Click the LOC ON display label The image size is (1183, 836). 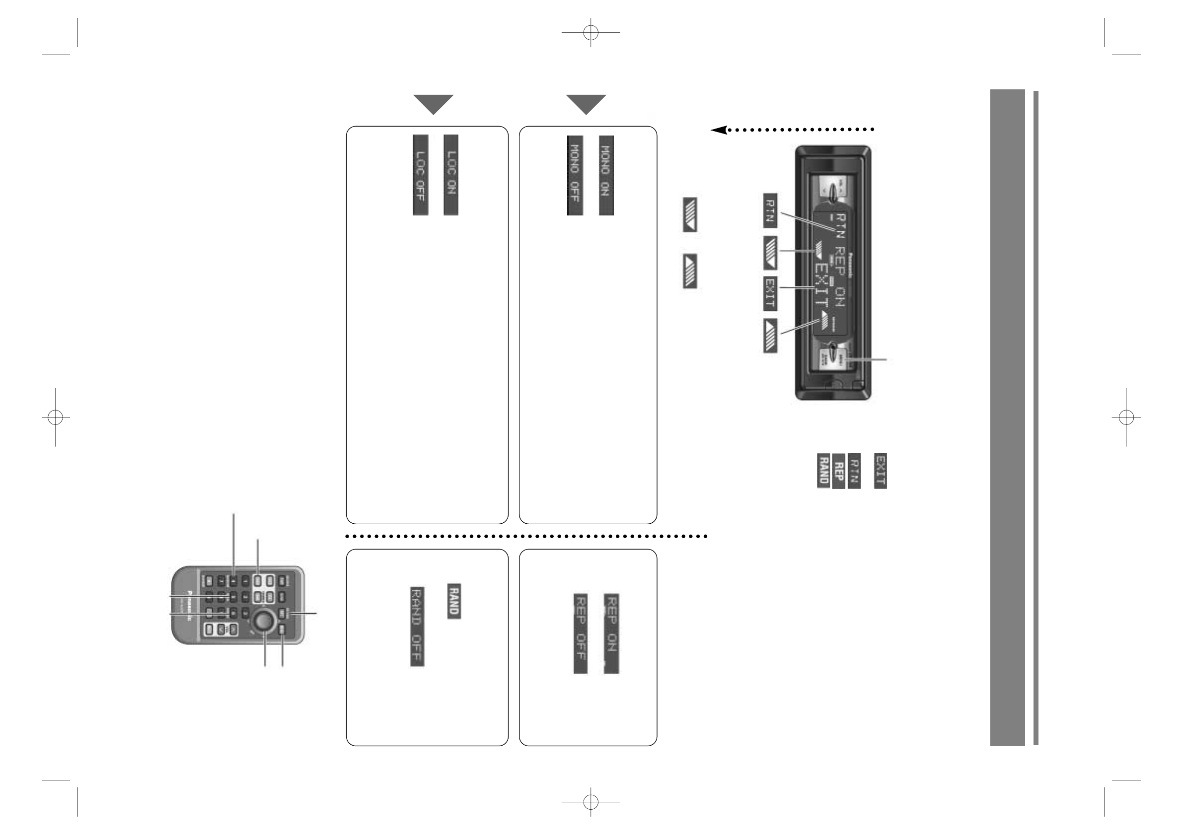pos(451,175)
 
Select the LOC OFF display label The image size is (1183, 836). pos(420,175)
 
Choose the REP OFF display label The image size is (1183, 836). pos(580,633)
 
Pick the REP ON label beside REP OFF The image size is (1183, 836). pos(611,633)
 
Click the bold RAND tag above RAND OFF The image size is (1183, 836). pos(453,601)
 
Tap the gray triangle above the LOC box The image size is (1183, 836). pos(434,104)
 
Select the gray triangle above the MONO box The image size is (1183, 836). pos(586,104)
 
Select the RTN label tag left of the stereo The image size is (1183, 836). pos(770,210)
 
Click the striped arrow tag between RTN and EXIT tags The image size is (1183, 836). pos(770,253)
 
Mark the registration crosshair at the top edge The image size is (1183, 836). pos(591,33)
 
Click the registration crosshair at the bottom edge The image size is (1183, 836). pos(591,802)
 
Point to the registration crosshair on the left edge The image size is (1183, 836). pos(55,417)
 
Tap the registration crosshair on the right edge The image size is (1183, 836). pos(1126,417)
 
